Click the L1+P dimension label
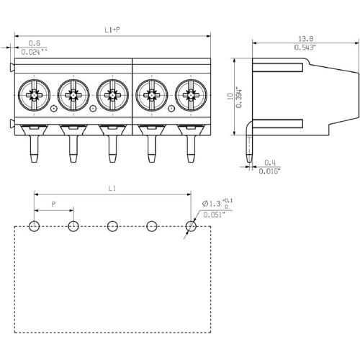tap(112, 30)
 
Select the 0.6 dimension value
tap(34, 43)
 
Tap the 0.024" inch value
tap(34, 52)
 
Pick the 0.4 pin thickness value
tap(269, 162)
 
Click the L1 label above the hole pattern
tap(112, 189)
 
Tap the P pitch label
tap(54, 205)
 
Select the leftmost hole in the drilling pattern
tap(34, 227)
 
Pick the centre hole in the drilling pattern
tap(112, 227)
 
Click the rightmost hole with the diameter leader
tap(190, 227)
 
